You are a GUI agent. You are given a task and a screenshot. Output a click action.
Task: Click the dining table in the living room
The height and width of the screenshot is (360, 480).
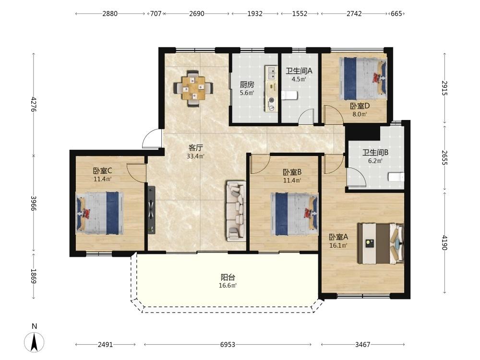coord(193,88)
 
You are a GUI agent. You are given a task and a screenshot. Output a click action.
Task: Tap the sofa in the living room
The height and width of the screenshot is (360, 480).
coord(236,211)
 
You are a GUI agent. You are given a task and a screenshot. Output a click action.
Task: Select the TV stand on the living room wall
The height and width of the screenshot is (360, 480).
coord(152,210)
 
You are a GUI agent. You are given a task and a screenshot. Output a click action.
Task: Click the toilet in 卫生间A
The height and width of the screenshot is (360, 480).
coord(289,95)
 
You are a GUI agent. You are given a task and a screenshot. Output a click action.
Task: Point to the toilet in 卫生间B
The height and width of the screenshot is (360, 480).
coord(396,177)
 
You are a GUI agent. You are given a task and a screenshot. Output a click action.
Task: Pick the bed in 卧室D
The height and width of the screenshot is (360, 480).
coord(363,79)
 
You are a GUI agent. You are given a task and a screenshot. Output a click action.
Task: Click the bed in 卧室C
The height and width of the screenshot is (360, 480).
coord(99,214)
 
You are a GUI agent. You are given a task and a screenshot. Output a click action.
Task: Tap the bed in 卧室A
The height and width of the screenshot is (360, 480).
coord(381,243)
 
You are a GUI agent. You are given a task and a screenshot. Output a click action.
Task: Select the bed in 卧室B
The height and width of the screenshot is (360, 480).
coord(294,214)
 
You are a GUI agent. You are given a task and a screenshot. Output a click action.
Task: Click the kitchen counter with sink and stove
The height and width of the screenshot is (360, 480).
coord(271,88)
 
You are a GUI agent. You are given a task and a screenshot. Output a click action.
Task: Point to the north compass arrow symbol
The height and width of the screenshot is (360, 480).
coord(34,342)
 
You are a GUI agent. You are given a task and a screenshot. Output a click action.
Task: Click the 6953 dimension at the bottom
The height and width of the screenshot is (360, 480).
coord(228,345)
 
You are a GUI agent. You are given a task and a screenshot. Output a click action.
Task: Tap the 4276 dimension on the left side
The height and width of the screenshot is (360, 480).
coord(34,104)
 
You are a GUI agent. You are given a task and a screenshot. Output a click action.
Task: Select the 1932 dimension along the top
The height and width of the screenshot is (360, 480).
coord(255,13)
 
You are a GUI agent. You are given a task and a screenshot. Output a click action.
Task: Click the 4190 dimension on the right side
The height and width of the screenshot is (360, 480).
coord(445,242)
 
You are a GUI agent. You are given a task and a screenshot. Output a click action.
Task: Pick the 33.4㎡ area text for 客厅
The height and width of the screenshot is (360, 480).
coord(196,156)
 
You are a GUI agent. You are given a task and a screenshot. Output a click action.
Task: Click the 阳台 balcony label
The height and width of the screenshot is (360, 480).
coord(228,277)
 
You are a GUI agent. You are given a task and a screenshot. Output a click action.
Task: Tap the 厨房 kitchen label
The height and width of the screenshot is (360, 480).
coord(247,84)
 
